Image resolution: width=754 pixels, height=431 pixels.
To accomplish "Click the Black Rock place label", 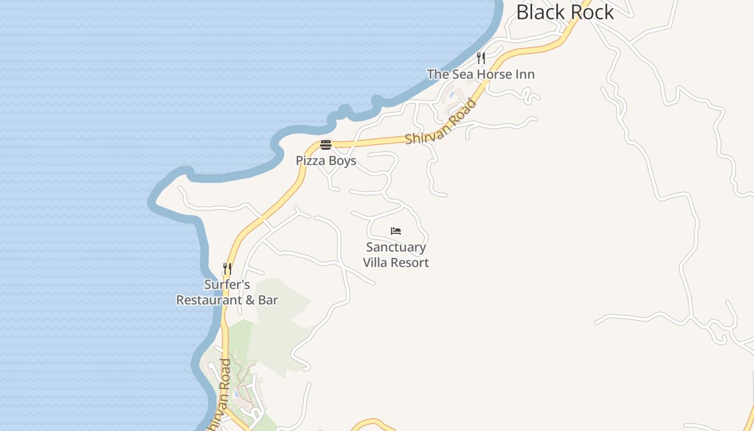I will [564, 12].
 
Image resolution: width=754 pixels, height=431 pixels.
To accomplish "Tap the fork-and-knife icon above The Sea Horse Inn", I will [481, 58].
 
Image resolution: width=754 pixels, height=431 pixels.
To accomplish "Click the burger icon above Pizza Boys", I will [325, 145].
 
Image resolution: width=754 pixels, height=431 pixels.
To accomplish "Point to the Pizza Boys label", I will [326, 161].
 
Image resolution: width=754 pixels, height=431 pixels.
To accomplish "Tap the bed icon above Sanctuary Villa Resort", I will [396, 231].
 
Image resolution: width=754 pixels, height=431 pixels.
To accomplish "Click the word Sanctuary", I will [396, 247].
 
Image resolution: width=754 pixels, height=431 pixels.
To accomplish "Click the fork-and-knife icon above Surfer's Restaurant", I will [227, 268].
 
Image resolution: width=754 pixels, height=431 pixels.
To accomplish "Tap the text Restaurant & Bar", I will [227, 300].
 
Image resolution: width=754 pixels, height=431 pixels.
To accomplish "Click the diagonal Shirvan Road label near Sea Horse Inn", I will [442, 122].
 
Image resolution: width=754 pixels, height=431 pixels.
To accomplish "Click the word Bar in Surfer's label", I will [268, 300].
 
